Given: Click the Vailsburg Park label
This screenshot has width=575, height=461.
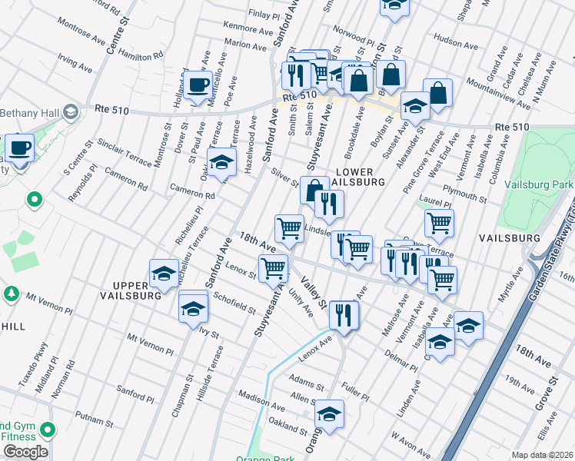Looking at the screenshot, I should coord(538,184).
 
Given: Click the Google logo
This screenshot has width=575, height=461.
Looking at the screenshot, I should coord(25,452).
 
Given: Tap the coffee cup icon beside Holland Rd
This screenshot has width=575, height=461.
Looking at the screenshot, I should coord(198,86).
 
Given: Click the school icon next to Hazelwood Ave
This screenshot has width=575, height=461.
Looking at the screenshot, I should coord(221,163).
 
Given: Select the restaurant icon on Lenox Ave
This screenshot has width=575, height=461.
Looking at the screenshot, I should coord(344,314).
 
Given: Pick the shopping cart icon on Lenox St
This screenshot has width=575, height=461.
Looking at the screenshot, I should coord(274,269).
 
